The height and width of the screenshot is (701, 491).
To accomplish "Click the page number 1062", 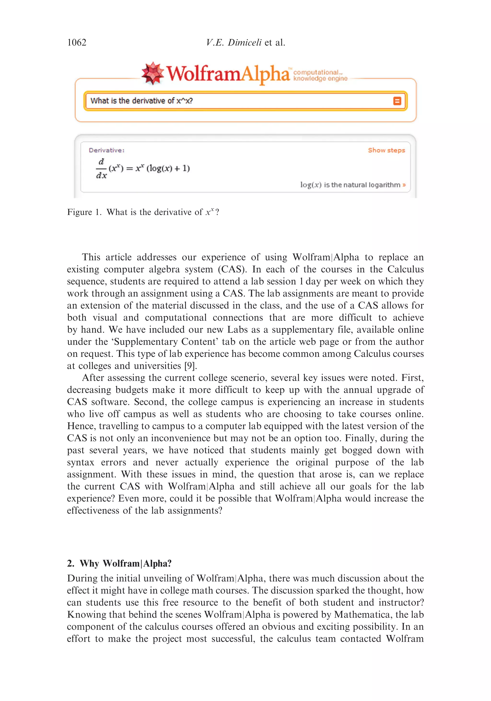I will click(77, 42).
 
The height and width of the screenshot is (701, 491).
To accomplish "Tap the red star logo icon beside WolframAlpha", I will click(152, 73).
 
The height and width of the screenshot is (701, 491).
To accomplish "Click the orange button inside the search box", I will click(397, 101).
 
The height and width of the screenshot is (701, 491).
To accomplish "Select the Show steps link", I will click(386, 150).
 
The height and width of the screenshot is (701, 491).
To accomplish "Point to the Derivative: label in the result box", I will click(106, 150).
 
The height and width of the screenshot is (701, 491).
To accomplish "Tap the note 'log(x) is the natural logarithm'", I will click(353, 185).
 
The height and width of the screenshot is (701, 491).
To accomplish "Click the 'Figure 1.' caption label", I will click(84, 212).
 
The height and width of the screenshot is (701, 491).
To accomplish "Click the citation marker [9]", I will click(191, 366).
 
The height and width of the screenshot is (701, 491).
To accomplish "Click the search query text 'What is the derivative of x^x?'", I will click(141, 101).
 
